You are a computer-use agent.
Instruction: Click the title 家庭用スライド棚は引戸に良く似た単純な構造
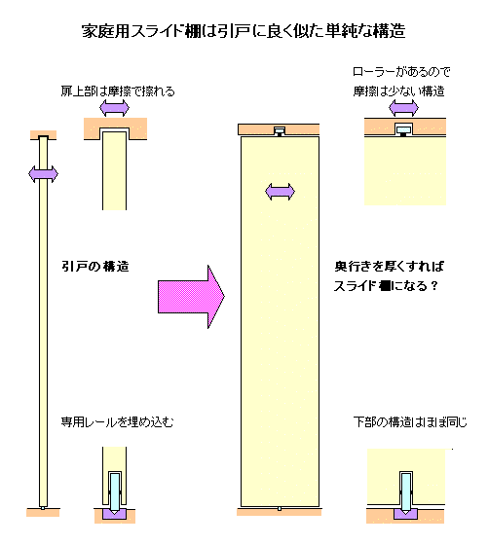click(244, 31)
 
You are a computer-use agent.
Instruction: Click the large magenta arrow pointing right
click(191, 297)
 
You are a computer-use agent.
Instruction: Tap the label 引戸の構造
click(95, 267)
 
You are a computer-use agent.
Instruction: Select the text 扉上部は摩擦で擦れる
click(118, 91)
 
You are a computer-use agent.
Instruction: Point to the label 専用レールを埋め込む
click(117, 422)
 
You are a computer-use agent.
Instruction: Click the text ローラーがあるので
click(401, 72)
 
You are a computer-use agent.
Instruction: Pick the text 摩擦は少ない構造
click(398, 91)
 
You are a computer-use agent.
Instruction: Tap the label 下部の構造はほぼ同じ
click(410, 422)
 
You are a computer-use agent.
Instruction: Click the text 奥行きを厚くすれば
click(390, 267)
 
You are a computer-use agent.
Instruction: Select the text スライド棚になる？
click(386, 286)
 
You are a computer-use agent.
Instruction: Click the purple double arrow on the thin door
click(43, 174)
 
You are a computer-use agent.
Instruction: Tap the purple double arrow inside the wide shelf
click(280, 192)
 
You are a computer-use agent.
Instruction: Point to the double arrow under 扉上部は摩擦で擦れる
click(114, 108)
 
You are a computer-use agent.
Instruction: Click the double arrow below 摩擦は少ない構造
click(403, 108)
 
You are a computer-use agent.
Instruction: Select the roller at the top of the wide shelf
click(280, 131)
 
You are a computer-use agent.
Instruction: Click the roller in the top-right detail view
click(404, 130)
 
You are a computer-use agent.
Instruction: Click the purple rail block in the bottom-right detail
click(406, 514)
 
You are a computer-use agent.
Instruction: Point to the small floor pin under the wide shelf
click(280, 509)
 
